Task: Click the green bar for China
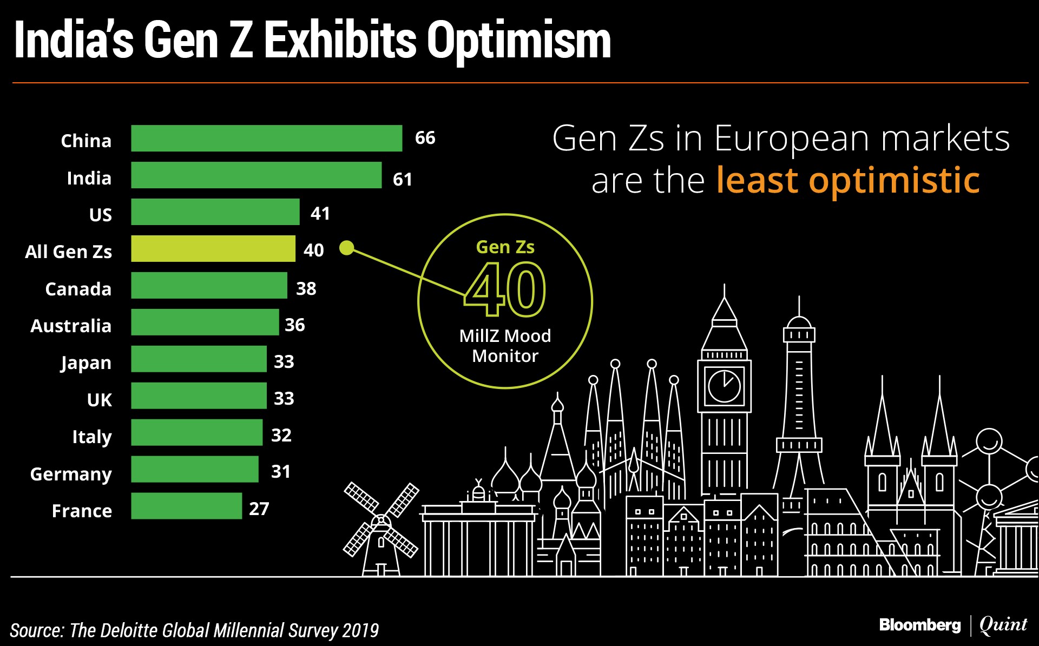click(x=266, y=139)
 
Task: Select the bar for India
click(x=256, y=175)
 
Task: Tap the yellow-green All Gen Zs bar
click(x=213, y=249)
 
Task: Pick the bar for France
click(x=186, y=506)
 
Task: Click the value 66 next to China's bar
click(x=425, y=138)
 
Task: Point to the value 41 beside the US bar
click(x=320, y=213)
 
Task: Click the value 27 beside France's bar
click(x=259, y=509)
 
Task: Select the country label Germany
click(x=71, y=474)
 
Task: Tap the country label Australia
click(x=71, y=326)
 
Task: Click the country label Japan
click(x=86, y=362)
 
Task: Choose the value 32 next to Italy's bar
click(x=281, y=435)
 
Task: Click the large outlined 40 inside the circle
click(x=505, y=289)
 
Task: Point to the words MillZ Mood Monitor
click(x=505, y=346)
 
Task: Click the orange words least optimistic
click(x=847, y=180)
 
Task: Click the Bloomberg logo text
click(x=919, y=625)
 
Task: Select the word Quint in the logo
click(x=1003, y=625)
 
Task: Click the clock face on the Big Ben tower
click(x=724, y=386)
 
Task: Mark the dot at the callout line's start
click(x=346, y=248)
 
